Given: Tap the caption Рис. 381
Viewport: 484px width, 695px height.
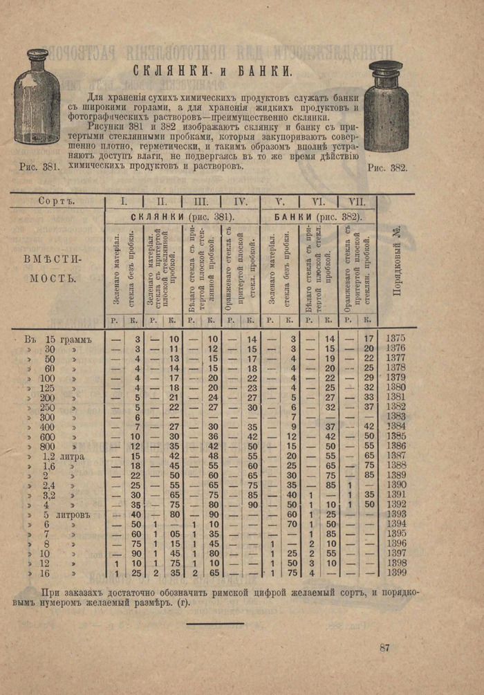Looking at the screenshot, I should [x=40, y=167].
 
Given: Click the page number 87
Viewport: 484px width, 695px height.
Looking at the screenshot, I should [x=385, y=648].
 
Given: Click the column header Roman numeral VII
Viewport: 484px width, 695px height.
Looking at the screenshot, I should [x=357, y=202].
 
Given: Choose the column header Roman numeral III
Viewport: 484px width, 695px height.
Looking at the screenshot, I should [x=201, y=202].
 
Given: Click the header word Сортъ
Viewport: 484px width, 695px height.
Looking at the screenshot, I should [x=57, y=201].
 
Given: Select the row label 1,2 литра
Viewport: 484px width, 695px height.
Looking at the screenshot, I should [x=64, y=456].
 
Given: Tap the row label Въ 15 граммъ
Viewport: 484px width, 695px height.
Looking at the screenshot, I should [x=58, y=339].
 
